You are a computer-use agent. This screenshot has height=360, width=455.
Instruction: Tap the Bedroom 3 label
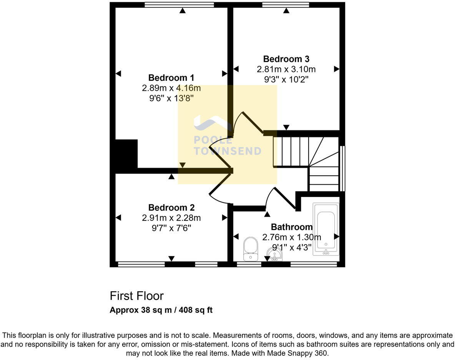pos(286,59)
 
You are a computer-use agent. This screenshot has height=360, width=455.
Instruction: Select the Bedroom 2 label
pos(171,208)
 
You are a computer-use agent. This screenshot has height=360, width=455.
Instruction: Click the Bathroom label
pos(291,227)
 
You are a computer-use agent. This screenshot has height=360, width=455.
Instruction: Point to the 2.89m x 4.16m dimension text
pos(171,88)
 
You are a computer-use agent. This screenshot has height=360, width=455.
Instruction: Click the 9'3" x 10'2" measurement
pos(286,80)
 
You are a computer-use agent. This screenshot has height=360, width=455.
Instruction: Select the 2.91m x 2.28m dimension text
pos(171,218)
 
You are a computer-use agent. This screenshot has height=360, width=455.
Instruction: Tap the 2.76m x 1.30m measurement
pos(291,237)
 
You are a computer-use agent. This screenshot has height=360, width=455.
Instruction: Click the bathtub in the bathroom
pos(326,229)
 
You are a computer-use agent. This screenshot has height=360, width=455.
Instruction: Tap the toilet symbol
pos(251,248)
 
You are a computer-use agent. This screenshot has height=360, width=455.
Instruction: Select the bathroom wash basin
pos(275,255)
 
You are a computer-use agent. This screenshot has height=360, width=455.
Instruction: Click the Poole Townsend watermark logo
pos(227,138)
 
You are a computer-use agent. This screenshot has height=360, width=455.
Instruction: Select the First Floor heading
pos(136,296)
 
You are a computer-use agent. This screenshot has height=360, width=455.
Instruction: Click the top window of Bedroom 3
pos(286,5)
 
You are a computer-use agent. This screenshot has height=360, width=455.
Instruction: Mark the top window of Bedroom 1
pos(179,5)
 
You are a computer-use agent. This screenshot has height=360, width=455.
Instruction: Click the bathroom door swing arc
pos(269,196)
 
